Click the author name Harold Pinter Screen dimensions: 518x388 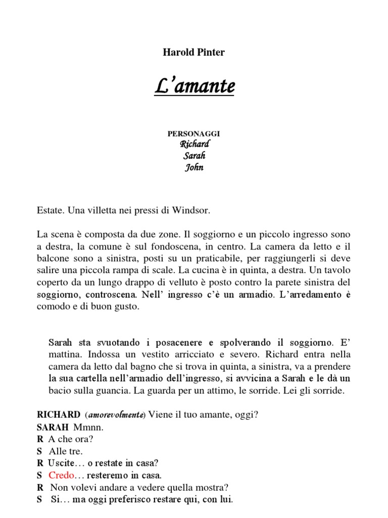(193, 53)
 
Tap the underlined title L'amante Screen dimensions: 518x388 (194, 87)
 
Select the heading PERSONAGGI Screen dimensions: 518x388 (193, 134)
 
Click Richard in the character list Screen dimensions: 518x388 (193, 144)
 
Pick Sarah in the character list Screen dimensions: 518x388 (193, 156)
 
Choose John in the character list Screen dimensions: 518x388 (193, 167)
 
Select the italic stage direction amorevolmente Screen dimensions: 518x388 (116, 415)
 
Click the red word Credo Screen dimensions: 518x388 (62, 476)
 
